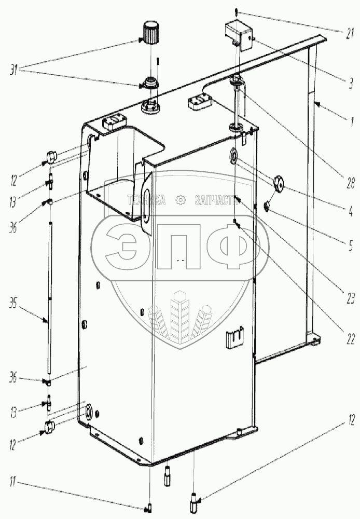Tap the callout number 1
pos(352,122)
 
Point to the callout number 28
pos(350,183)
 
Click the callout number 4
pos(351,211)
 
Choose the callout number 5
pos(351,246)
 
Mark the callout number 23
pos(350,299)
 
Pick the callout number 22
pos(351,339)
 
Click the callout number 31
pos(14,71)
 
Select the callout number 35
pos(13,304)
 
